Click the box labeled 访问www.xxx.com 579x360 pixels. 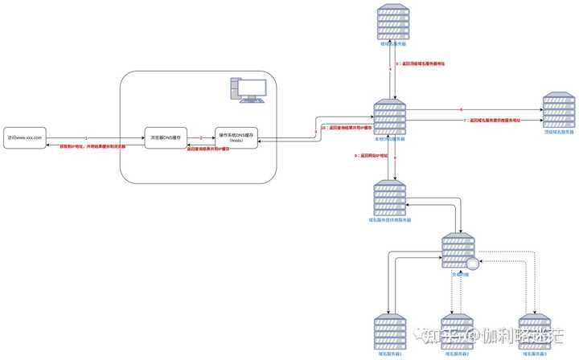click(x=23, y=139)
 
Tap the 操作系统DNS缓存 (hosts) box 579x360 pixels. click(x=236, y=138)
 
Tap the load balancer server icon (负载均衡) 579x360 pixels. click(x=459, y=251)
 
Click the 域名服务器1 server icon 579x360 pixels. click(x=391, y=332)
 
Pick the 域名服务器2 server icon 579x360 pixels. click(x=460, y=332)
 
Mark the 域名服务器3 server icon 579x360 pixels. click(x=532, y=332)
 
